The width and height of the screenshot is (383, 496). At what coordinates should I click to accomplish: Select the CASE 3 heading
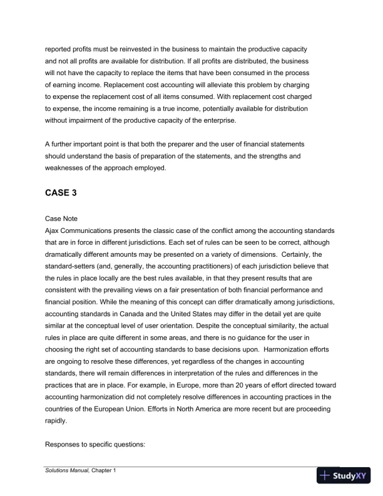pyautogui.click(x=61, y=193)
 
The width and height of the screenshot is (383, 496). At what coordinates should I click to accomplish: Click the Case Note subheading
pyautogui.click(x=61, y=219)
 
